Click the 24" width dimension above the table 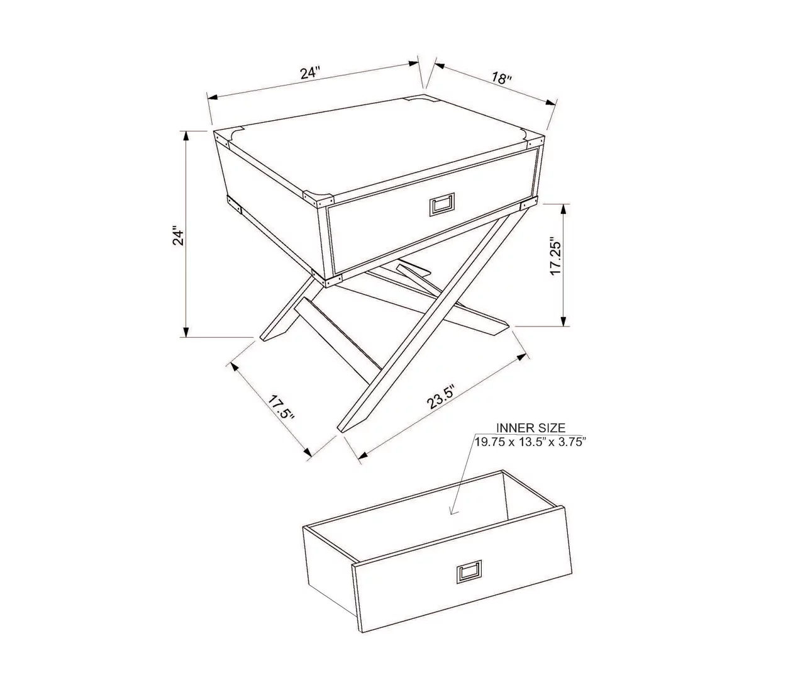coord(310,72)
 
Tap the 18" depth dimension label coord(501,79)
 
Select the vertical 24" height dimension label coord(179,236)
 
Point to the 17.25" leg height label coord(555,256)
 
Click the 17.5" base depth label coord(281,408)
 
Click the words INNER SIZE coord(530,428)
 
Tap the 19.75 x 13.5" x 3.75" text coord(530,442)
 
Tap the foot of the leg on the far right coord(497,325)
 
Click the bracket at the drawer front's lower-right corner coord(529,204)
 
